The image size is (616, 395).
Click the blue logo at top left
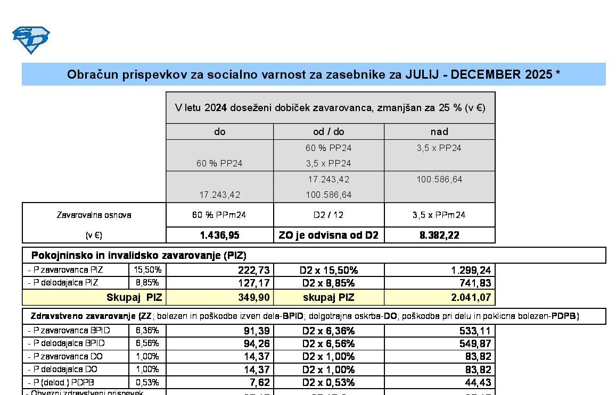point(31,40)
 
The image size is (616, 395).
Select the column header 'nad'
point(439,131)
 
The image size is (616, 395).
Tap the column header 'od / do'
point(328,131)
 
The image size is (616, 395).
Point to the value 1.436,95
point(219,235)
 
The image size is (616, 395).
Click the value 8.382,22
point(439,235)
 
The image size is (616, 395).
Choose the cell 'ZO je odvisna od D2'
point(328,235)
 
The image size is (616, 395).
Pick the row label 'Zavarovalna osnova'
point(94,215)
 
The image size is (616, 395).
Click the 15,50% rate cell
point(147,270)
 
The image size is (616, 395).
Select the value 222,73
point(253,270)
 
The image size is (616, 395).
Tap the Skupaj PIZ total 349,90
point(253,297)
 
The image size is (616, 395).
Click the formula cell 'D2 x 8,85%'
point(328,283)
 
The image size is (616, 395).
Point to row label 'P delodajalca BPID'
point(67,343)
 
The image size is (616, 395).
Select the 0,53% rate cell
point(147,382)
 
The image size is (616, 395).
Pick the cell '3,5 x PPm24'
point(439,215)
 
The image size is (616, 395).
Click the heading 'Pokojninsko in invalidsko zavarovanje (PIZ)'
point(138,255)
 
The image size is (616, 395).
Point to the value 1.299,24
point(471,270)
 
